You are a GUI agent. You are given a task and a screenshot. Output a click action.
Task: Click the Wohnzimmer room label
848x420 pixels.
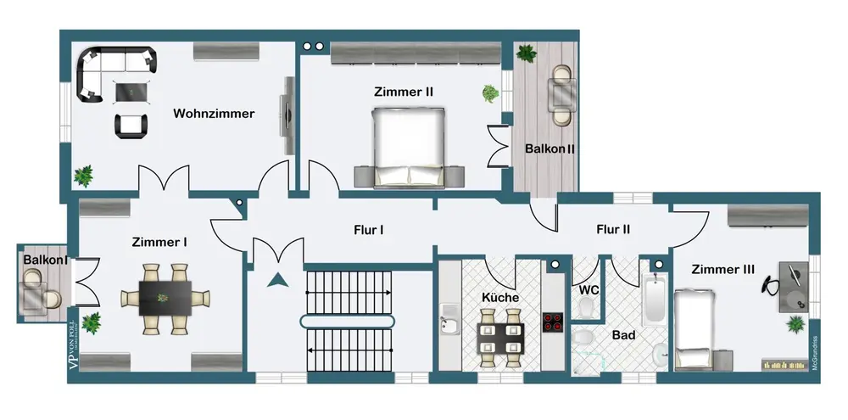(214, 114)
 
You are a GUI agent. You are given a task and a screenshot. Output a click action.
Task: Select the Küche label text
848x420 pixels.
(499, 298)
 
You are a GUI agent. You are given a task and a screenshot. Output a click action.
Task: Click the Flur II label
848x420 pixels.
(613, 229)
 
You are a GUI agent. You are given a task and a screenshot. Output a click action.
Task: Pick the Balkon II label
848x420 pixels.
(550, 148)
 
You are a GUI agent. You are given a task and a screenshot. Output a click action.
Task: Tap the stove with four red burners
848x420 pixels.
(554, 322)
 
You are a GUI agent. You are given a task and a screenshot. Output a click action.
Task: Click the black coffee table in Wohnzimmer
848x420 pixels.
(130, 89)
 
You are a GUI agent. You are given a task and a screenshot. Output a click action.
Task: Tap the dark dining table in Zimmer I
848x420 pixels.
(165, 298)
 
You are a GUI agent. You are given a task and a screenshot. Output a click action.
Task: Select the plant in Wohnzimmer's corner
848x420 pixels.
(83, 176)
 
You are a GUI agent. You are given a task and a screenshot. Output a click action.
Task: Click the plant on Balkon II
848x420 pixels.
(526, 53)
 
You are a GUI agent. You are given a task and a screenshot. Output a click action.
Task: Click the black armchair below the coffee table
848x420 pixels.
(129, 126)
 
